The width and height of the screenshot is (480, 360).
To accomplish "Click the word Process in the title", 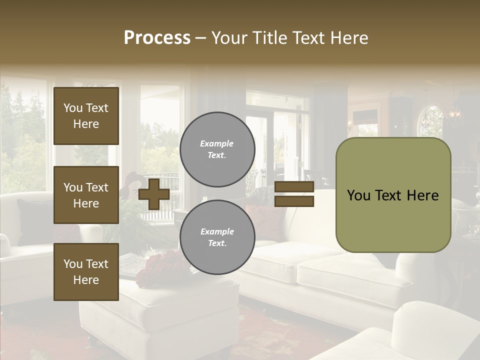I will click(x=157, y=38).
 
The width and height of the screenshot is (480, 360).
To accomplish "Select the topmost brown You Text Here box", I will click(x=86, y=116).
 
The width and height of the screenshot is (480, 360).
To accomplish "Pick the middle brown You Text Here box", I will click(x=86, y=195).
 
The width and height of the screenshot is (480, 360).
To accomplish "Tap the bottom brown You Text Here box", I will click(x=86, y=272).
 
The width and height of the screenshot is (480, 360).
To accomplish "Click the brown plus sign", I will click(x=154, y=194).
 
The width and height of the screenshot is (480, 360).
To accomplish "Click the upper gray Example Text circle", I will click(x=217, y=149).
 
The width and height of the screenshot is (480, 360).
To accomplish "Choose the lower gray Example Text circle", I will click(x=217, y=237).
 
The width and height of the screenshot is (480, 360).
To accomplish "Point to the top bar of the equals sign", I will click(x=294, y=187).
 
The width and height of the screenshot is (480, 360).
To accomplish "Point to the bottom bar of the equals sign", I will click(x=294, y=201).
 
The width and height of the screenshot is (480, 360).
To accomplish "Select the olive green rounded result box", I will click(x=393, y=220).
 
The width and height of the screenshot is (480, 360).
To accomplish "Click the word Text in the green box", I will click(x=392, y=195).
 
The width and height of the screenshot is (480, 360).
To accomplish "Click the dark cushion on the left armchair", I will click(x=32, y=220).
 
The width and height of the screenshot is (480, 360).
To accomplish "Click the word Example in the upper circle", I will click(x=217, y=143).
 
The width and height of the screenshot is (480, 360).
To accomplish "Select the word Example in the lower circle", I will click(x=217, y=231).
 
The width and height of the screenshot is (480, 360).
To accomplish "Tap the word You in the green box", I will click(x=358, y=195).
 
